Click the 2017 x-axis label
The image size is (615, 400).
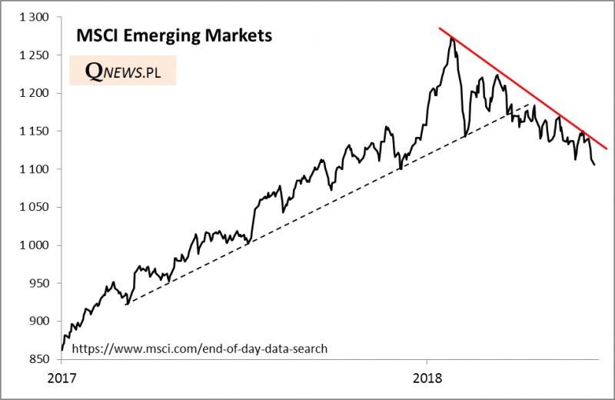click(62, 378)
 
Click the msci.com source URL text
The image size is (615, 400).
click(200, 348)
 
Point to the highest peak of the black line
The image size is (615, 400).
click(452, 38)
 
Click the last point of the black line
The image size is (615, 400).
click(594, 164)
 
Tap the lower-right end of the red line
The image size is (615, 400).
click(607, 148)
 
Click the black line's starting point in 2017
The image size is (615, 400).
click(61, 350)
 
